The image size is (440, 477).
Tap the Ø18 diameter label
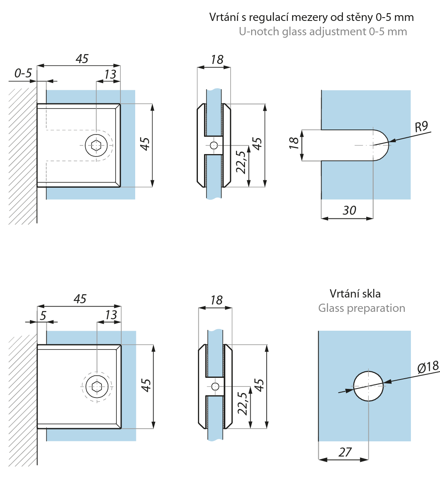click(427, 366)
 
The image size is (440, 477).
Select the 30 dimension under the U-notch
click(349, 211)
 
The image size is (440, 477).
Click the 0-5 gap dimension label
click(23, 73)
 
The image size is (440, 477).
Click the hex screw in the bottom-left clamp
click(97, 386)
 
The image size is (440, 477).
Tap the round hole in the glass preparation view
click(369, 386)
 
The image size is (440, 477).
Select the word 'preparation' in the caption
click(376, 308)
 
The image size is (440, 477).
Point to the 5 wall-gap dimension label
click(42, 315)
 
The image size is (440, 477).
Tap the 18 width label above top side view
click(217, 59)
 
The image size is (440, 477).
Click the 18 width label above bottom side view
click(216, 300)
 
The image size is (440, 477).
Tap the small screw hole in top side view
click(214, 145)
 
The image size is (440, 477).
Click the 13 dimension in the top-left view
click(110, 74)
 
